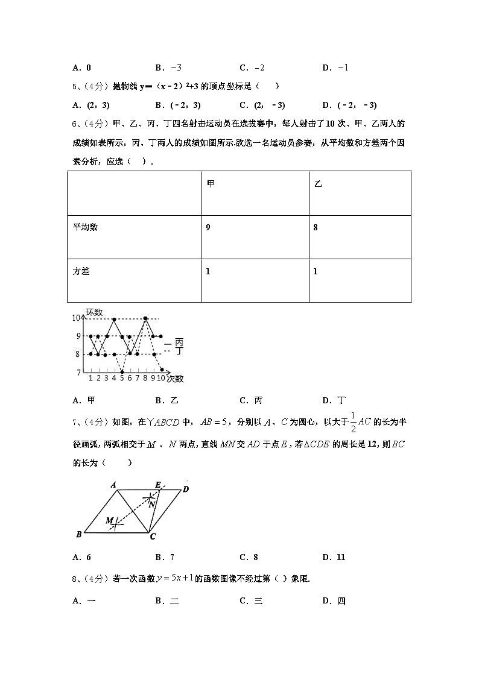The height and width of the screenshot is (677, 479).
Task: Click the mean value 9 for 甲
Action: (x=208, y=227)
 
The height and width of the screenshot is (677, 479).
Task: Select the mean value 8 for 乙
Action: (x=316, y=227)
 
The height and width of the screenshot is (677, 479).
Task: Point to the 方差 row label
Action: (x=81, y=271)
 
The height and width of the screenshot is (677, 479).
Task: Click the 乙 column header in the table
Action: (x=318, y=183)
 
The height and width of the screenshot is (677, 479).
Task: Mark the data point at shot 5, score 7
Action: (x=122, y=372)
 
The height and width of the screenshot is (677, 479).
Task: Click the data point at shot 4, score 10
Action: (x=114, y=319)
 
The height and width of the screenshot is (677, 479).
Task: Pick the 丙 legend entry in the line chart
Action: (x=179, y=342)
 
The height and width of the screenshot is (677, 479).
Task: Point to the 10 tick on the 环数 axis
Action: (x=76, y=318)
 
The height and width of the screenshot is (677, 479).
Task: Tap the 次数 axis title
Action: (x=176, y=379)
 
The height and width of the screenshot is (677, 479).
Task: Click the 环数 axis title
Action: (x=94, y=312)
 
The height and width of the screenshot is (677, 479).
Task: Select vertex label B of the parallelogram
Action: (x=79, y=534)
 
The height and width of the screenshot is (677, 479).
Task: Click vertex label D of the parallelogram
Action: (x=186, y=489)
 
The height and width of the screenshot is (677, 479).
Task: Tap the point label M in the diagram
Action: (x=110, y=520)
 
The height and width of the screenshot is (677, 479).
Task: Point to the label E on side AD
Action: (x=158, y=484)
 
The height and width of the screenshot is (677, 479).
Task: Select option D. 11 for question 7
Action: (x=334, y=557)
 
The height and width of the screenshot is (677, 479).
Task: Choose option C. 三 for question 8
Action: (x=251, y=600)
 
